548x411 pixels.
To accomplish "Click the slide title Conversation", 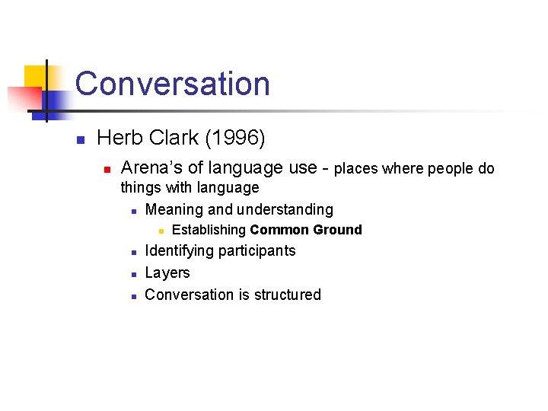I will (x=172, y=84).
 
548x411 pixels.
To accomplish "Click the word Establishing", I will (x=209, y=230).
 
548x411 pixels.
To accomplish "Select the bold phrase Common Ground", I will (x=306, y=230).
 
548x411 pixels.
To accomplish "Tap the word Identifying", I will (x=179, y=250).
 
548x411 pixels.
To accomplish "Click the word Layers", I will (x=167, y=272).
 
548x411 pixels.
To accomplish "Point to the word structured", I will (x=285, y=295).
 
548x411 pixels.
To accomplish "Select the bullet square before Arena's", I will (x=107, y=169).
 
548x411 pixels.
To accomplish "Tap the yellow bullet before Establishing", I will (x=161, y=231).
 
